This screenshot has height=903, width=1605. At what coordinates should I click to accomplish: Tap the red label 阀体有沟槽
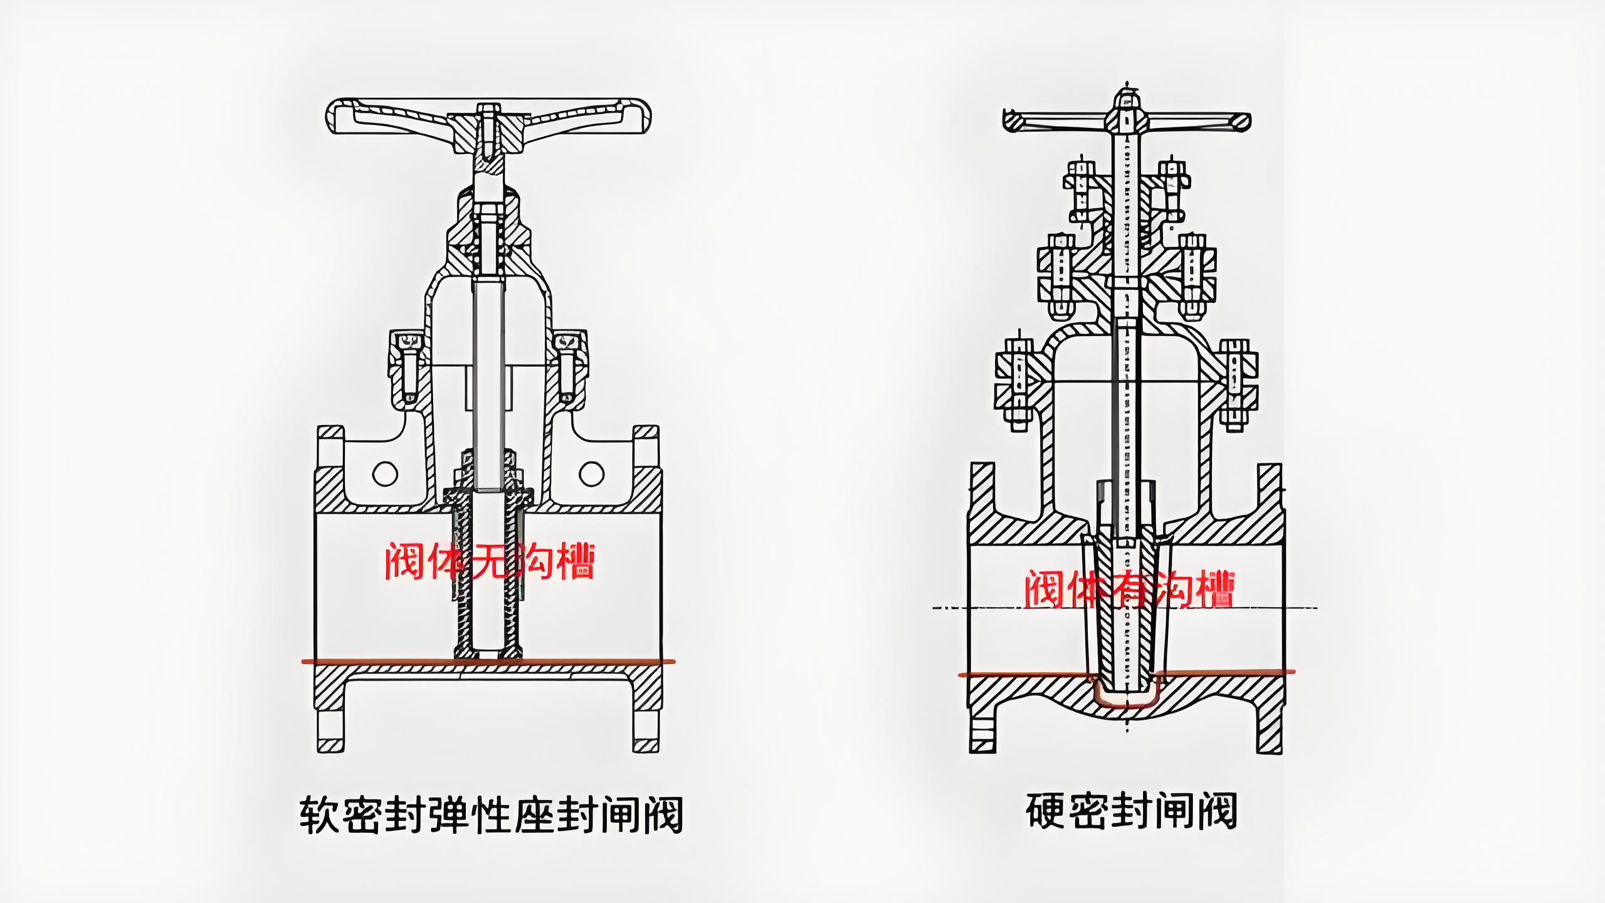(1129, 589)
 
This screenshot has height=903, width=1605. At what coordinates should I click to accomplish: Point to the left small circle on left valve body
(385, 473)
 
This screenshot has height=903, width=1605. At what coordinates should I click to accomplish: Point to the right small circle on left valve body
(591, 473)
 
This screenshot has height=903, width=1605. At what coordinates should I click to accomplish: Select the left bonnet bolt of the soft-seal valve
(408, 367)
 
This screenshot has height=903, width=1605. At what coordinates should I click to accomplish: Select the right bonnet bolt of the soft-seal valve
(569, 367)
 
